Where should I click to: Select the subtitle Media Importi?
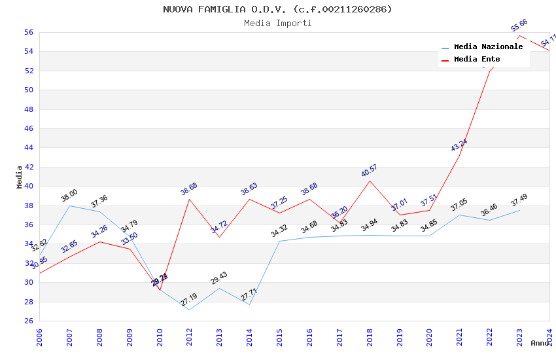[x=277, y=23]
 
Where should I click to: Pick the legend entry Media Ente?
[x=478, y=60]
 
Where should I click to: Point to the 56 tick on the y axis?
[x=28, y=32]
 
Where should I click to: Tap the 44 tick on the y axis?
[x=28, y=148]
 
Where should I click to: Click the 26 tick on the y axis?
[x=28, y=321]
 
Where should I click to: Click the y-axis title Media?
[x=20, y=177]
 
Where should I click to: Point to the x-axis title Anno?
[x=540, y=343]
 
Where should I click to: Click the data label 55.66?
[x=519, y=25]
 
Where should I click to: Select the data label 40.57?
[x=370, y=171]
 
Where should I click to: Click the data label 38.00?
[x=69, y=196]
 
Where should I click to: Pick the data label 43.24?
[x=459, y=145]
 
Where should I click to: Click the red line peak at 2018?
[x=370, y=181]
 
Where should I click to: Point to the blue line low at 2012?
[x=189, y=310]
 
